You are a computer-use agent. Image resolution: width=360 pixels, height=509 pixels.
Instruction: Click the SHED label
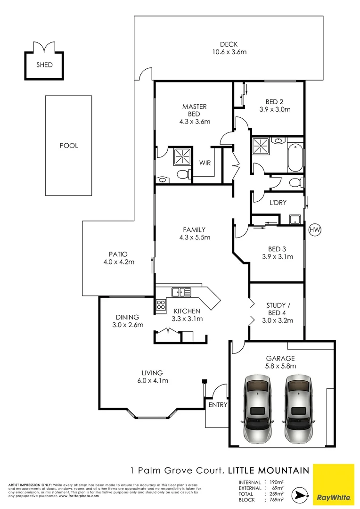[44, 65]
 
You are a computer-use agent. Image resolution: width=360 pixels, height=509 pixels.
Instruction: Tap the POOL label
[69, 146]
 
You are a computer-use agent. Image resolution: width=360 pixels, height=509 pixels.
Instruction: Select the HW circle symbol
[315, 230]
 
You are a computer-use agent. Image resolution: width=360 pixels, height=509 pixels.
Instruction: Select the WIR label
[205, 163]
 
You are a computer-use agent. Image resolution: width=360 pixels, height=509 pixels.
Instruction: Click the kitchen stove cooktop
[161, 305]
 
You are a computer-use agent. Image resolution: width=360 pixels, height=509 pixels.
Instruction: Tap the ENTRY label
[218, 405]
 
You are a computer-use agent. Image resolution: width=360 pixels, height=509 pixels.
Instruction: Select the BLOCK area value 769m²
[276, 500]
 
